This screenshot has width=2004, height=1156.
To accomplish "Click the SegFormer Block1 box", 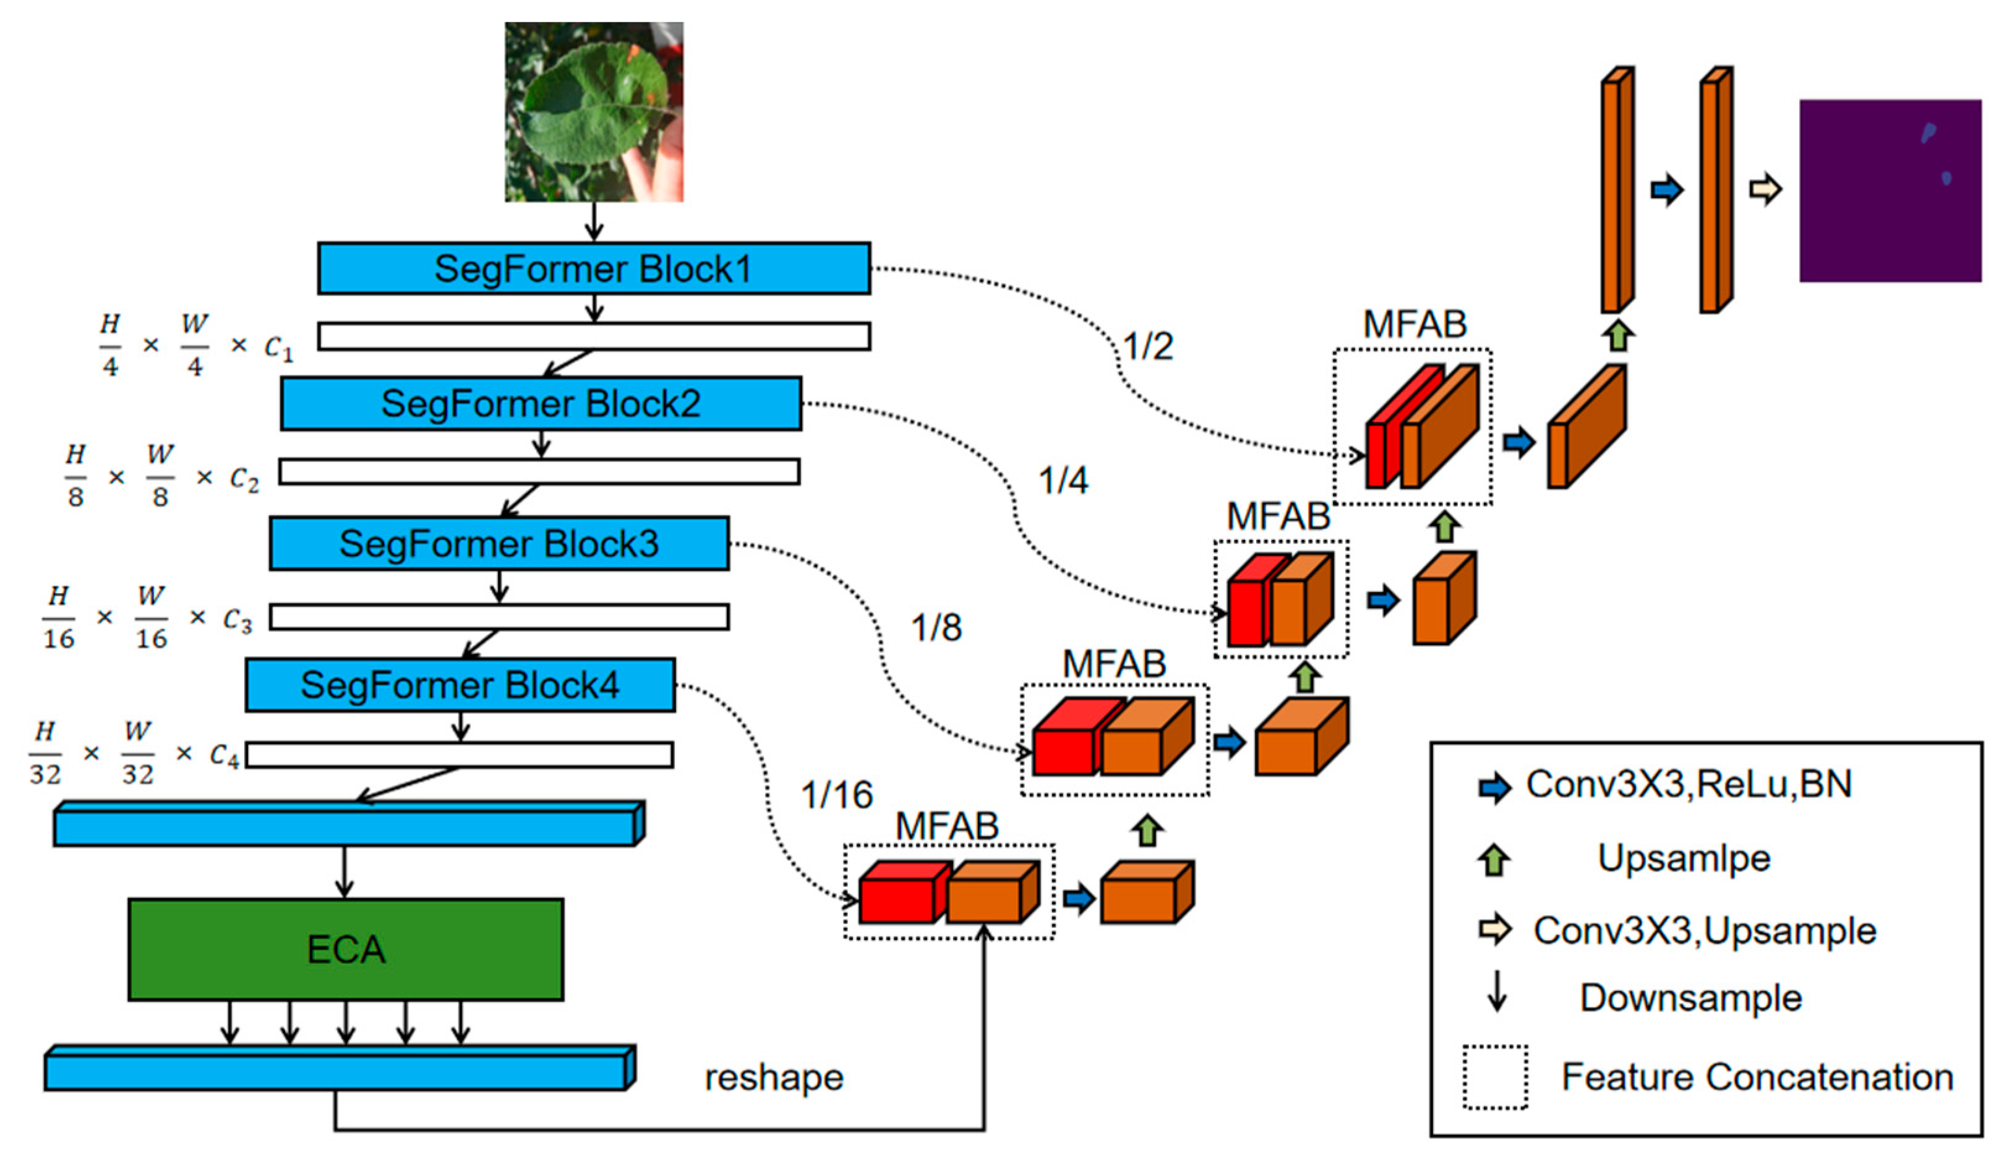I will [x=594, y=268].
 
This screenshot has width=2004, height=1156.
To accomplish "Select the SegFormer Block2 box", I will [x=541, y=403].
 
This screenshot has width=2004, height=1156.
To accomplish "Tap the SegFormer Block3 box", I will [x=499, y=544].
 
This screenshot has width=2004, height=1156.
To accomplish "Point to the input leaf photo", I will [x=594, y=111].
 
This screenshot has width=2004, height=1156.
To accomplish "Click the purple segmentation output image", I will [x=1890, y=191].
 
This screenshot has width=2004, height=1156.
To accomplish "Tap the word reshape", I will [x=774, y=1077].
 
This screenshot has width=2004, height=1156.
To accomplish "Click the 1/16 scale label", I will [x=836, y=795].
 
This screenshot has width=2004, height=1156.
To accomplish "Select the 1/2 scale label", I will [x=1147, y=346].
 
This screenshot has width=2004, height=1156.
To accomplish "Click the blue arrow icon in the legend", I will [x=1494, y=787].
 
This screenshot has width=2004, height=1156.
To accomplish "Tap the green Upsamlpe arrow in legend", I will [x=1494, y=860].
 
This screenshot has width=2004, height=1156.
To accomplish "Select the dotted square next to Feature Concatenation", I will [x=1495, y=1077].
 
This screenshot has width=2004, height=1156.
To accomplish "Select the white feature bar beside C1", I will [x=594, y=336].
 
